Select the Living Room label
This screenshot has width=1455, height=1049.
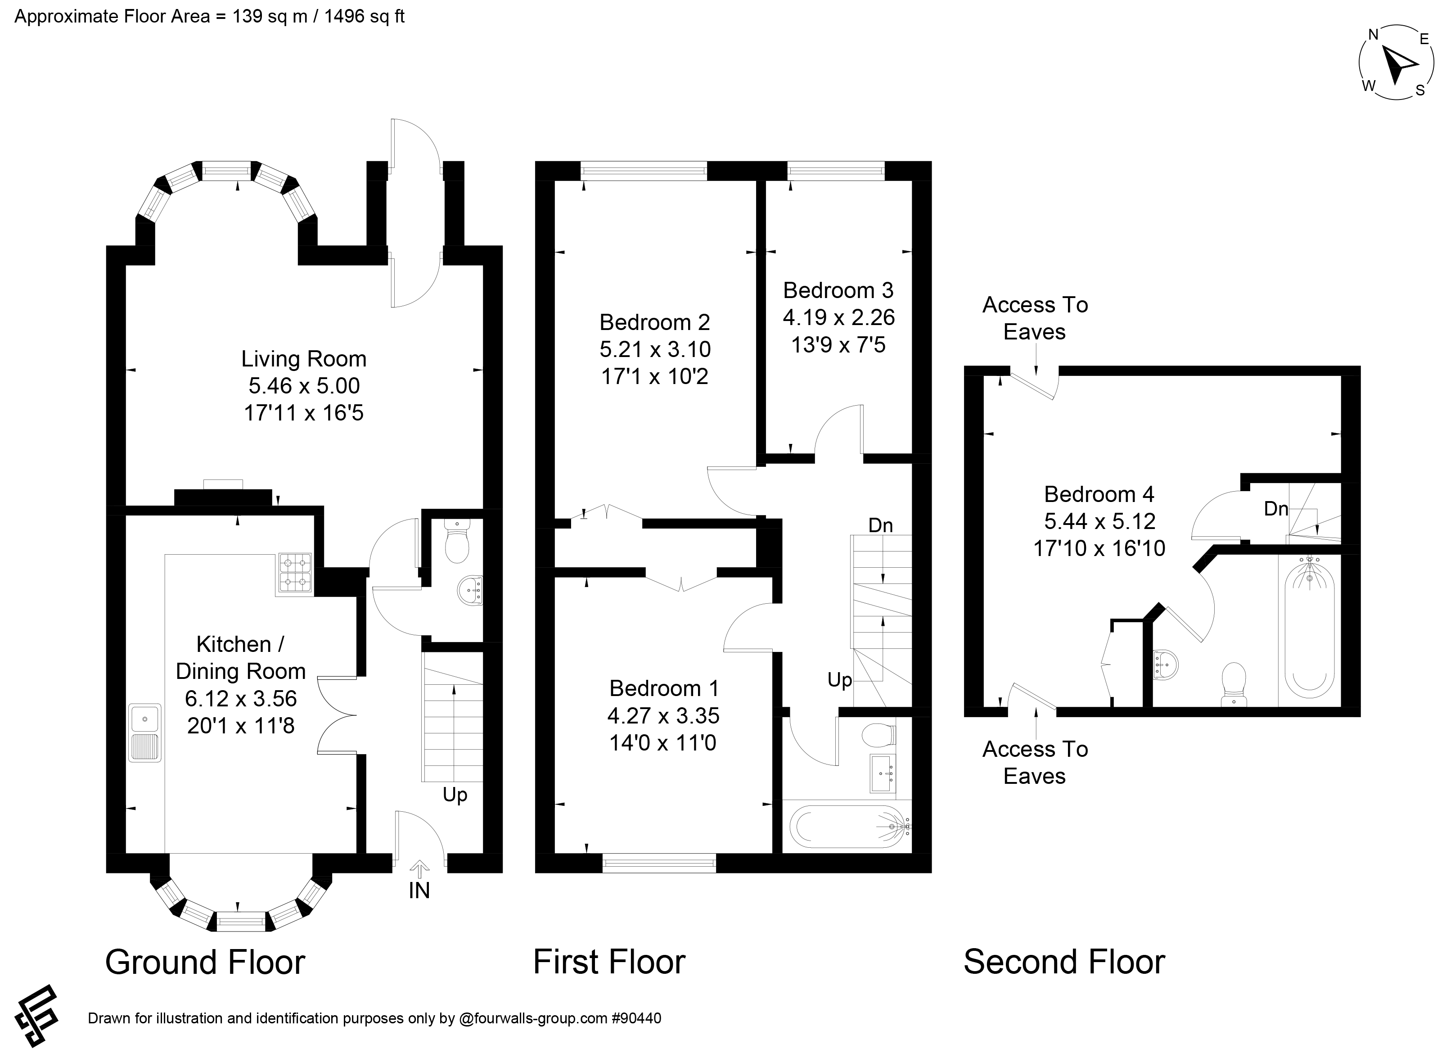(303, 359)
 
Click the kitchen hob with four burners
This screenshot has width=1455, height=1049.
(296, 572)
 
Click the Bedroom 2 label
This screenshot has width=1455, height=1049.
(654, 321)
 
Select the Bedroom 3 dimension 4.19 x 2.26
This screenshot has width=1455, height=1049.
(838, 317)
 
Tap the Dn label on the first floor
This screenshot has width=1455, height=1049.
(880, 525)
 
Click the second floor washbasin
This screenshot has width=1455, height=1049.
(1166, 665)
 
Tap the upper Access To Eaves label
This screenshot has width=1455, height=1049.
(1035, 318)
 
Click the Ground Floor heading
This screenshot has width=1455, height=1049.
(205, 963)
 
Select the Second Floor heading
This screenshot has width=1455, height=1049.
(1064, 963)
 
